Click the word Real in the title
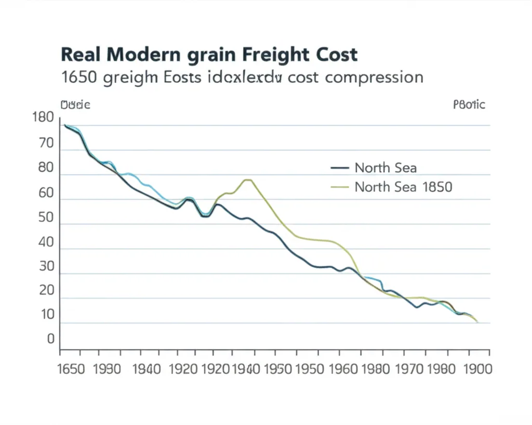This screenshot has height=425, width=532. [83, 55]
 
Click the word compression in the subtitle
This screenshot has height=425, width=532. [373, 78]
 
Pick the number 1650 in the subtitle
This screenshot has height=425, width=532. [79, 78]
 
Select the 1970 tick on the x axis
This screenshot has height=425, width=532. [411, 369]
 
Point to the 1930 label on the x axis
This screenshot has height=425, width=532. [108, 369]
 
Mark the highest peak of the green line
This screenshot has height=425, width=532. [247, 180]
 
